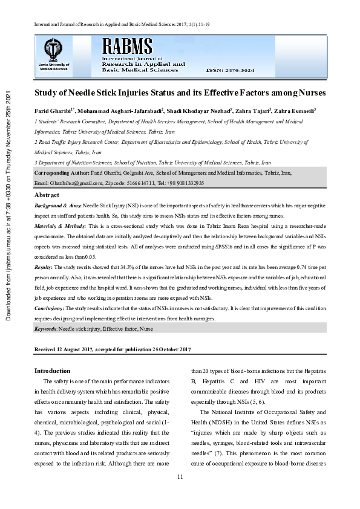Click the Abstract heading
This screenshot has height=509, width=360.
pyautogui.click(x=47, y=195)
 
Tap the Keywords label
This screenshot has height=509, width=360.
pyautogui.click(x=46, y=328)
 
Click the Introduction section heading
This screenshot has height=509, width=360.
pyautogui.click(x=52, y=371)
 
